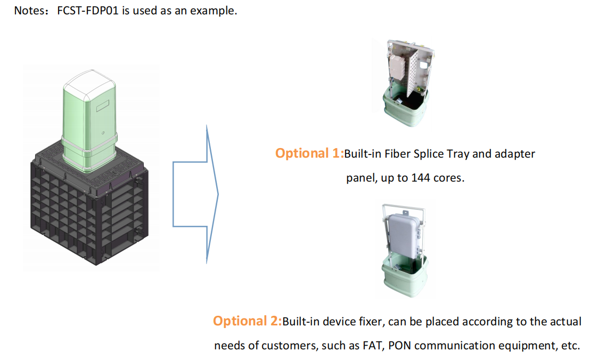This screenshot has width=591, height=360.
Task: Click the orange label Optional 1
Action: coord(309,154)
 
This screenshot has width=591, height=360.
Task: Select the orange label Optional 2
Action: coord(247,321)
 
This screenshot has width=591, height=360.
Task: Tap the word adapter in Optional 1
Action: coord(514,154)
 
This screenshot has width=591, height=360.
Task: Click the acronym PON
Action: coord(399,345)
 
